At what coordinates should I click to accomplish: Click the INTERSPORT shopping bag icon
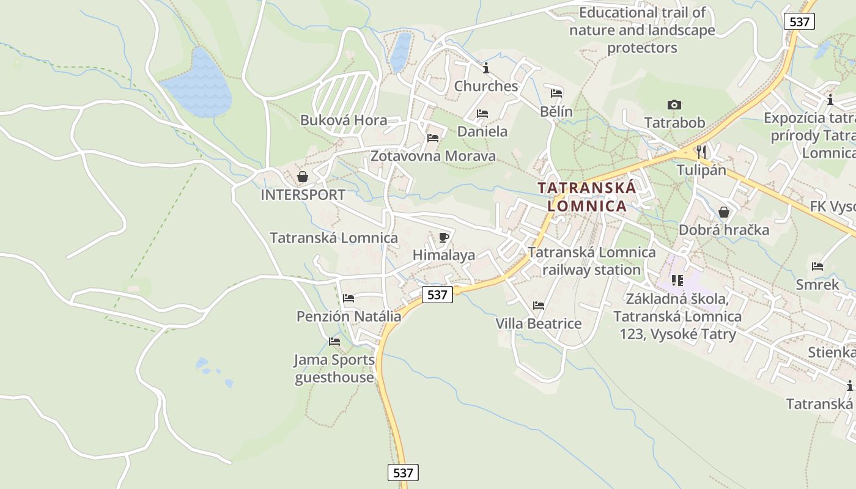pos(302,177)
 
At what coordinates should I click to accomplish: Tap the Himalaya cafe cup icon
pos(444,237)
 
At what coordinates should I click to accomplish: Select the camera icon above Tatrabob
pos(674,105)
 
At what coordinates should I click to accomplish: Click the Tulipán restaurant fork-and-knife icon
pos(701,152)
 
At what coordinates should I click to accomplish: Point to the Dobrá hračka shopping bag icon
pos(724,212)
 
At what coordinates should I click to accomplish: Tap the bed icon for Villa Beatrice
pos(538,305)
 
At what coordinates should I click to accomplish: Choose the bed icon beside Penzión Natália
pos(349,298)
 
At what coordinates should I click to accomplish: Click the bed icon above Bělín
pos(556,94)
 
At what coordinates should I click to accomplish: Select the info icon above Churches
pos(486,67)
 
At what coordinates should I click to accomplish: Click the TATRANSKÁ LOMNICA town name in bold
pos(587,197)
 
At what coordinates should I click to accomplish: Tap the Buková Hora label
pos(344,120)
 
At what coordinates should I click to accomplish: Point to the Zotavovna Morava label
pos(433,156)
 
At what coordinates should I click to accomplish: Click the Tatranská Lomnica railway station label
pos(591,261)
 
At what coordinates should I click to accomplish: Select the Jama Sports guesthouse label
pos(334,369)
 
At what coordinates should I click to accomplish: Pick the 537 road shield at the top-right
pos(799,22)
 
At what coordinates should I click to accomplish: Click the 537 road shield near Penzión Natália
pos(437,295)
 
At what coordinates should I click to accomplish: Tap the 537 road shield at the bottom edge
pos(403,472)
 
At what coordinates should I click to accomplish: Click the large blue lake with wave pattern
pos(197,86)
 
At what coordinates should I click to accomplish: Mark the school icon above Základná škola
pos(677,281)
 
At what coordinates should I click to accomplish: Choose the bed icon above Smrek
pos(817,267)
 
